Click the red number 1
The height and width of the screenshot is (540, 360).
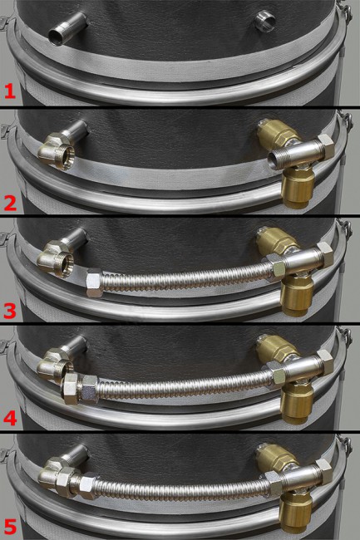[10, 91]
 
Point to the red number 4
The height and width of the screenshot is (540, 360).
[10, 418]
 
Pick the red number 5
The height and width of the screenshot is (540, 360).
[10, 527]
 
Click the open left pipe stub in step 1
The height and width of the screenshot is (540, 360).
[67, 29]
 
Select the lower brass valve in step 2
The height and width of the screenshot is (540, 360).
[298, 188]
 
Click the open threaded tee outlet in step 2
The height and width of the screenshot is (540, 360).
[278, 160]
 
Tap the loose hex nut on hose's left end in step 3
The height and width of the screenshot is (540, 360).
[94, 282]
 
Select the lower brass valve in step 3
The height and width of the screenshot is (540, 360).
[297, 297]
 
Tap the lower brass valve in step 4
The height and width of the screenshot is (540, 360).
[297, 404]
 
